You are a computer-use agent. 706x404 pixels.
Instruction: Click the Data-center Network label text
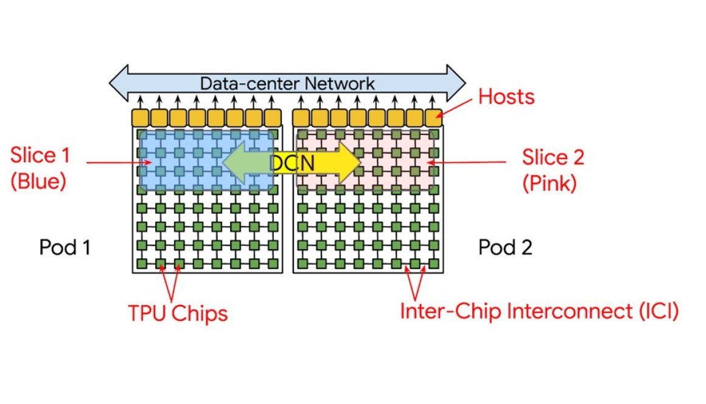(287, 83)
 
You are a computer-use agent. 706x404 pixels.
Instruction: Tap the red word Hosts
(506, 96)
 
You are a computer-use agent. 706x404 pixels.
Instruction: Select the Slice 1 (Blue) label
(40, 168)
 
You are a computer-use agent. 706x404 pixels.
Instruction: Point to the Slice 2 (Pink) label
(553, 169)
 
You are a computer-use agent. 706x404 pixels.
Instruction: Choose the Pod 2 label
(505, 247)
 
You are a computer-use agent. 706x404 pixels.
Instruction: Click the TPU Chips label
(178, 313)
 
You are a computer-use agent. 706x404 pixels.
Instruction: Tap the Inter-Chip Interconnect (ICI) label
(539, 311)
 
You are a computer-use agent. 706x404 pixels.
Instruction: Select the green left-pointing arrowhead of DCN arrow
(237, 162)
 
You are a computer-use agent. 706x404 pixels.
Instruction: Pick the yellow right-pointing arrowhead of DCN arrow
(347, 162)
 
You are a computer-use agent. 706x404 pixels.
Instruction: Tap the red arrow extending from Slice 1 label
(119, 162)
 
